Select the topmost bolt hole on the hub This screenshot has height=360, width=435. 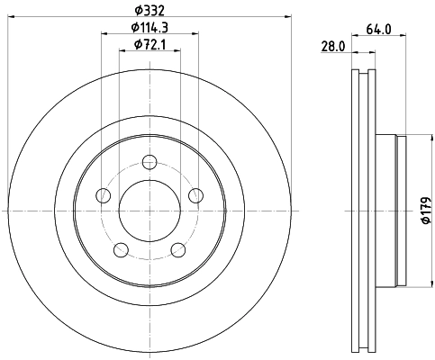click(150, 163)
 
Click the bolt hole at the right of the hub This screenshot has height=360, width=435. click(195, 195)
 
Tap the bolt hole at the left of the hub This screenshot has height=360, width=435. click(104, 195)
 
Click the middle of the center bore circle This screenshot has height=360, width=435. click(150, 211)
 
